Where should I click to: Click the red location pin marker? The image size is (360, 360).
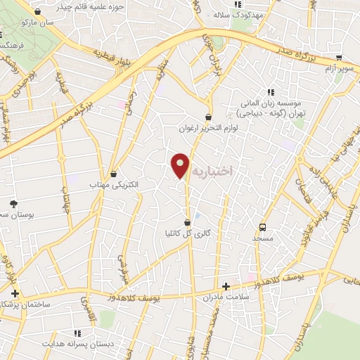pos(181,165)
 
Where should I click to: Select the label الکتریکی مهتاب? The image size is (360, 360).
pos(114,184)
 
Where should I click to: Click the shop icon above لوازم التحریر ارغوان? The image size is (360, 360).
pos(209,117)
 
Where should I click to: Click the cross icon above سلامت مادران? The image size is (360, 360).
pos(226,286)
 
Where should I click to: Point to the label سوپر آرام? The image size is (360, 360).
pos(336,70)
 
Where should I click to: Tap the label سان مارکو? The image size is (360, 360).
pos(38,23)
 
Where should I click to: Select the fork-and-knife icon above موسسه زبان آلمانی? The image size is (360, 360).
pos(270,92)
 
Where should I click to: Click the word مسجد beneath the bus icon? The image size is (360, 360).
pos(264,238)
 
